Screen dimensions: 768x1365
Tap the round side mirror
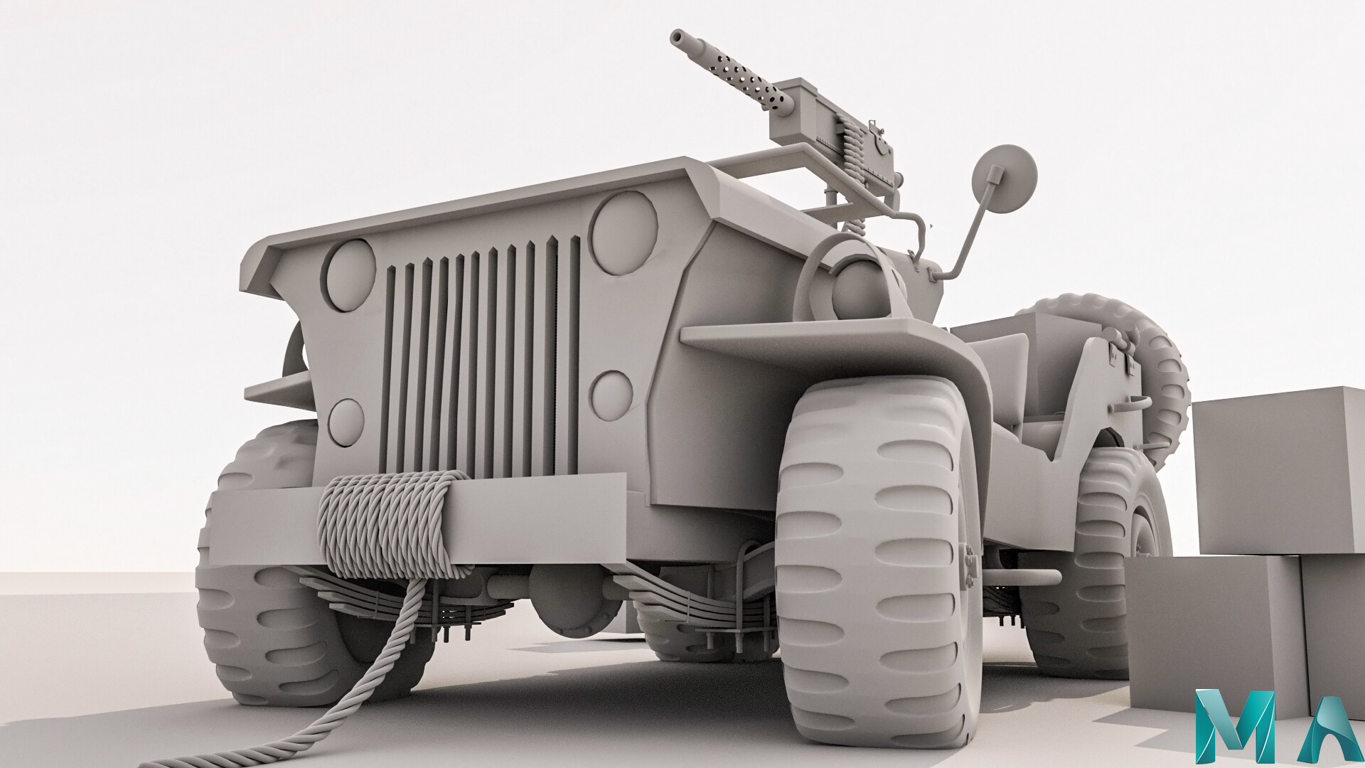1005,178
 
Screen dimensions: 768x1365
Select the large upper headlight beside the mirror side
624,223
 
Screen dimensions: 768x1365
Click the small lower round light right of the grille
611,395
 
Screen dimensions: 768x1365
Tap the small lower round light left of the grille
346,422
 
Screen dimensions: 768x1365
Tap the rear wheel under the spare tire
1109,569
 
